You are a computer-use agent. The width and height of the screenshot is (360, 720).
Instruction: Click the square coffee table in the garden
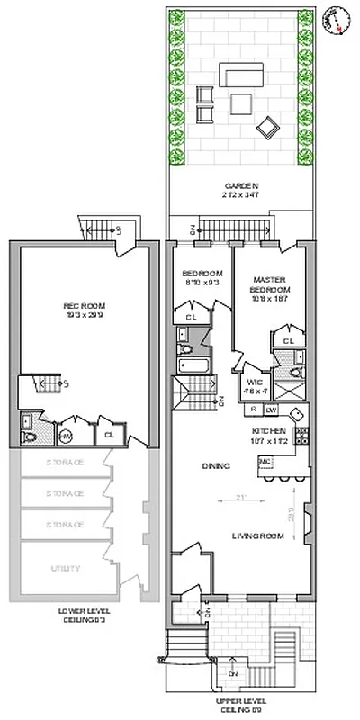240,103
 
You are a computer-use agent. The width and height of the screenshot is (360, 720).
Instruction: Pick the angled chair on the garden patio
267,128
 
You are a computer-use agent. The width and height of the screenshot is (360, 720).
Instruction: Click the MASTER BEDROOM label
270,284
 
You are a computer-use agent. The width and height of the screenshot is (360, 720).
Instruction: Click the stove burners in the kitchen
302,437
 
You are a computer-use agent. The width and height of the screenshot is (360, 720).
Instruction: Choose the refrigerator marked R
254,409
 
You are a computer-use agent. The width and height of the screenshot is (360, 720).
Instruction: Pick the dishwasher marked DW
271,409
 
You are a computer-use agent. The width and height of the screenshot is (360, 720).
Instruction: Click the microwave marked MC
265,463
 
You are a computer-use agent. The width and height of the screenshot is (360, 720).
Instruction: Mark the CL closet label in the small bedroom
192,318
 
